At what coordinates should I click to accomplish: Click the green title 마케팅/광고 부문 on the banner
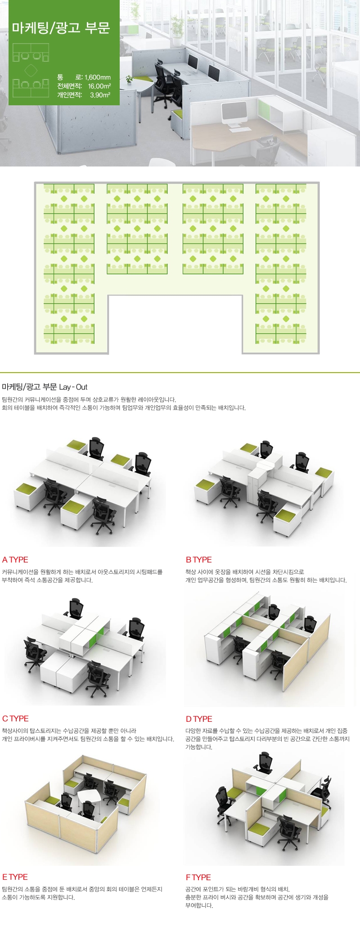tap(61, 28)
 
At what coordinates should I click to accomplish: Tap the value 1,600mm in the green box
tap(98, 77)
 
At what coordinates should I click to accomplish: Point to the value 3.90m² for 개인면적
tap(100, 95)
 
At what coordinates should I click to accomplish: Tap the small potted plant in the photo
tap(130, 80)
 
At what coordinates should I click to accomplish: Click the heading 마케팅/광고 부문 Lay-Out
tap(45, 387)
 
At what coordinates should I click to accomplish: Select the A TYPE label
tap(15, 560)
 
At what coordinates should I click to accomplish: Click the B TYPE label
tap(198, 560)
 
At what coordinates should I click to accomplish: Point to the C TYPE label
tap(15, 719)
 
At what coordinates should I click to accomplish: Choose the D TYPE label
tap(199, 719)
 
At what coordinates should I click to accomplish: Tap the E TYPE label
tap(15, 877)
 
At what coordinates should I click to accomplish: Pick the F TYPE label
tap(198, 877)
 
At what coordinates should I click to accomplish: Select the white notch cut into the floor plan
tap(175, 324)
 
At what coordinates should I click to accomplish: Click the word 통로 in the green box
tap(70, 77)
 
